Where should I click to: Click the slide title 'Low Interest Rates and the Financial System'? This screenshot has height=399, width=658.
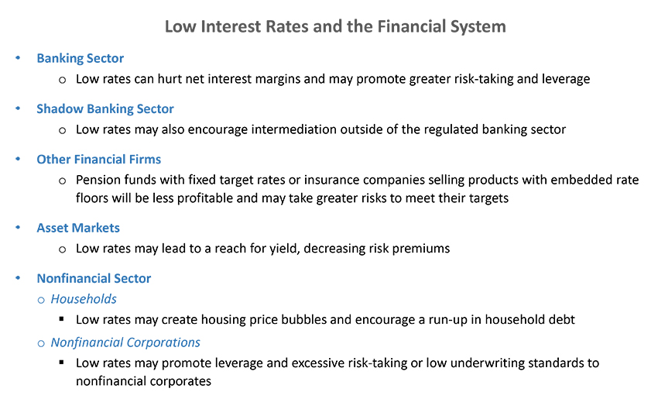tap(335, 26)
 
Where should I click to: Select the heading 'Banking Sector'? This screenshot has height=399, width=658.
tap(81, 58)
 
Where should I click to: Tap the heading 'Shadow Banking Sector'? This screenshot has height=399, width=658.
tap(105, 108)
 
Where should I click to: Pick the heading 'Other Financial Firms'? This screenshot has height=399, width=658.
tap(98, 159)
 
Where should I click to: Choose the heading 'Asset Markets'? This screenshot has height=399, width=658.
tap(78, 228)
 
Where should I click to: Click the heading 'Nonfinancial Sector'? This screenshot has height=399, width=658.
tap(94, 278)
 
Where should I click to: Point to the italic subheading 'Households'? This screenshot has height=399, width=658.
tap(84, 298)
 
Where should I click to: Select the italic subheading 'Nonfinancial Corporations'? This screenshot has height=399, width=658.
tap(125, 342)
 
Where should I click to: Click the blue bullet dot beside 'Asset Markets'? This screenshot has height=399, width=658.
tap(18, 227)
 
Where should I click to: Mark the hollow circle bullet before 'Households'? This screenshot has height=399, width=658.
tap(41, 300)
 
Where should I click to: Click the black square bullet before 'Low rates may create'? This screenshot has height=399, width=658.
tap(62, 318)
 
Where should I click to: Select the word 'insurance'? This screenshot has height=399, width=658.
tap(331, 180)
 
